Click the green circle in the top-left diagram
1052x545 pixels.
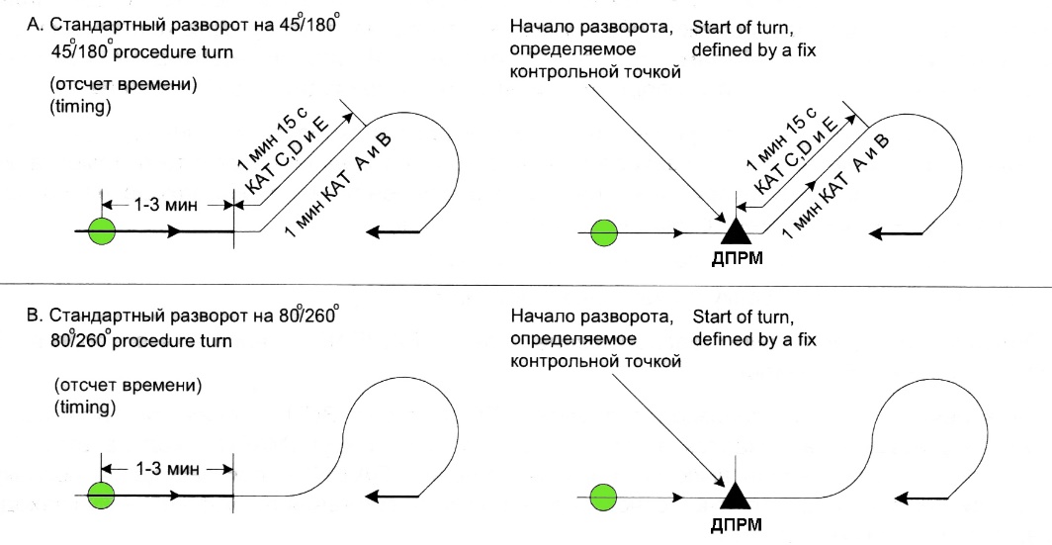pyautogui.click(x=102, y=233)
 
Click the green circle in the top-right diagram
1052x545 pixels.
pyautogui.click(x=602, y=233)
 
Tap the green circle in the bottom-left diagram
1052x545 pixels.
pyautogui.click(x=102, y=495)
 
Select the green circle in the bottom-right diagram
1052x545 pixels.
pyautogui.click(x=602, y=495)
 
